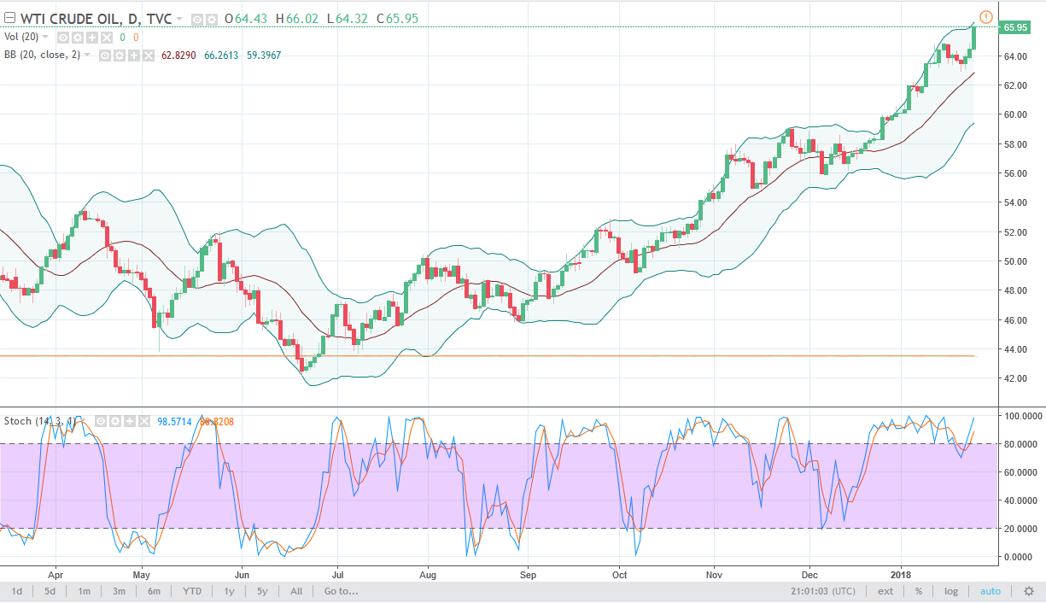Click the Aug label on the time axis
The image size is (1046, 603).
click(x=428, y=575)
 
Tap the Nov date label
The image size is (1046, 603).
click(x=712, y=575)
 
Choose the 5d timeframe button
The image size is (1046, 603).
click(x=50, y=591)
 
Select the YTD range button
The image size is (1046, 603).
click(x=192, y=591)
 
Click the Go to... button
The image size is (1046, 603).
click(x=341, y=591)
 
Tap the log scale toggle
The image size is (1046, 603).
click(x=950, y=591)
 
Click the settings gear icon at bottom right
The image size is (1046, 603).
click(x=1029, y=591)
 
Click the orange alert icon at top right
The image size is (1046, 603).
click(x=986, y=16)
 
